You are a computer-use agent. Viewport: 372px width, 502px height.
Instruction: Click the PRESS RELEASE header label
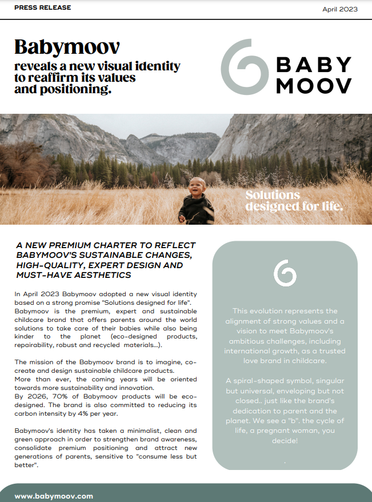pos(43,7)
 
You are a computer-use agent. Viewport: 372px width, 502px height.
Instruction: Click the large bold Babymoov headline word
pos(67,47)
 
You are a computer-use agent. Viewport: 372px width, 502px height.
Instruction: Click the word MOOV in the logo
pos(314,86)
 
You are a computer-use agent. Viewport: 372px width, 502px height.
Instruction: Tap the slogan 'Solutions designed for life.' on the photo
pos(294,201)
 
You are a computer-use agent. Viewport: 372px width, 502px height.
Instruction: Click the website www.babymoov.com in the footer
pos(54,496)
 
